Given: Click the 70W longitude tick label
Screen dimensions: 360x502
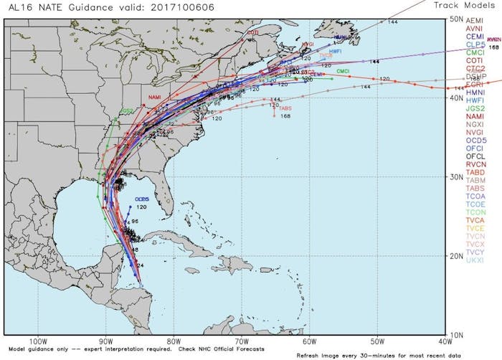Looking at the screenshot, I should (242, 341).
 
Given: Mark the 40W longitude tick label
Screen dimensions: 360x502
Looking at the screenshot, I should (445, 341).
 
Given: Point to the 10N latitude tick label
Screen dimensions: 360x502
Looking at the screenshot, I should (455, 334).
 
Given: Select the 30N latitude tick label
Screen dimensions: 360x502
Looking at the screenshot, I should (455, 176).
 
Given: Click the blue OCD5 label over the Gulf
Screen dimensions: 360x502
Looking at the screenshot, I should (141, 199).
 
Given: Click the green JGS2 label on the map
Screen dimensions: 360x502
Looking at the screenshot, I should (126, 111).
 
